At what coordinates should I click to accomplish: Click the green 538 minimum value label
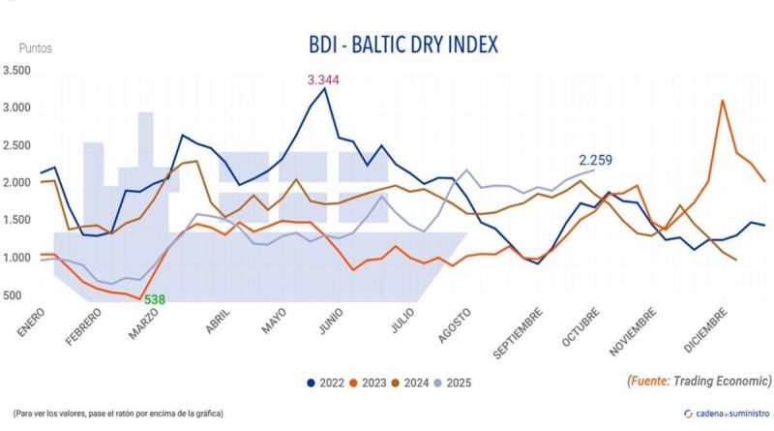point(155,299)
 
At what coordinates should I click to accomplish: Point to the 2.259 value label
point(595,161)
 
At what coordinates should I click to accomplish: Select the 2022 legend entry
point(325,382)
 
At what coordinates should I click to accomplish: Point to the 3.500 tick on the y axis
point(16,71)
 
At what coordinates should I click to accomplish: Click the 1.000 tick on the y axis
point(16,258)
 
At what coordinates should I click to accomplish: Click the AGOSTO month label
point(451,326)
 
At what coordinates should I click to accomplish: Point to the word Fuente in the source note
point(651,381)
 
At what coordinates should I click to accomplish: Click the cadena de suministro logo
point(727,413)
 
